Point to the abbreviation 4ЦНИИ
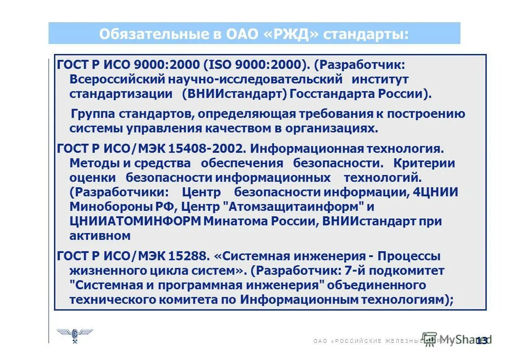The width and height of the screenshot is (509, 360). (x=435, y=192)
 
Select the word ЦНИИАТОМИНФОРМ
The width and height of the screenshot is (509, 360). (x=135, y=221)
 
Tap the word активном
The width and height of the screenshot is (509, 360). (x=100, y=236)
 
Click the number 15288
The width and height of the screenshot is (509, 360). (x=189, y=256)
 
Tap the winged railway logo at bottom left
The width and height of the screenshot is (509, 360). (x=74, y=335)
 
